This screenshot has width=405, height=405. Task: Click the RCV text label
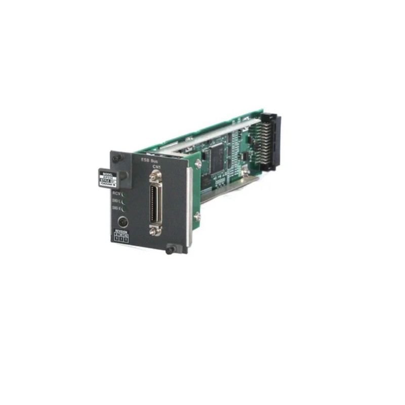coord(116,193)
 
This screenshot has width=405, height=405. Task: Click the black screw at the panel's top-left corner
coord(117,158)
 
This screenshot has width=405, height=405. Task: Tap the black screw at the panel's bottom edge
coord(171,249)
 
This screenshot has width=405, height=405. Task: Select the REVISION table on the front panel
coord(121,236)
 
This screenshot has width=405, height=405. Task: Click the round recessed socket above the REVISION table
coord(122,222)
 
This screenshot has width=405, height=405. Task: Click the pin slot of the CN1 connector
coord(155,201)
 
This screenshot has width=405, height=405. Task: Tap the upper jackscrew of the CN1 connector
coord(155,175)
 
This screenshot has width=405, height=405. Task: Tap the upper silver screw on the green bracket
coord(198,164)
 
